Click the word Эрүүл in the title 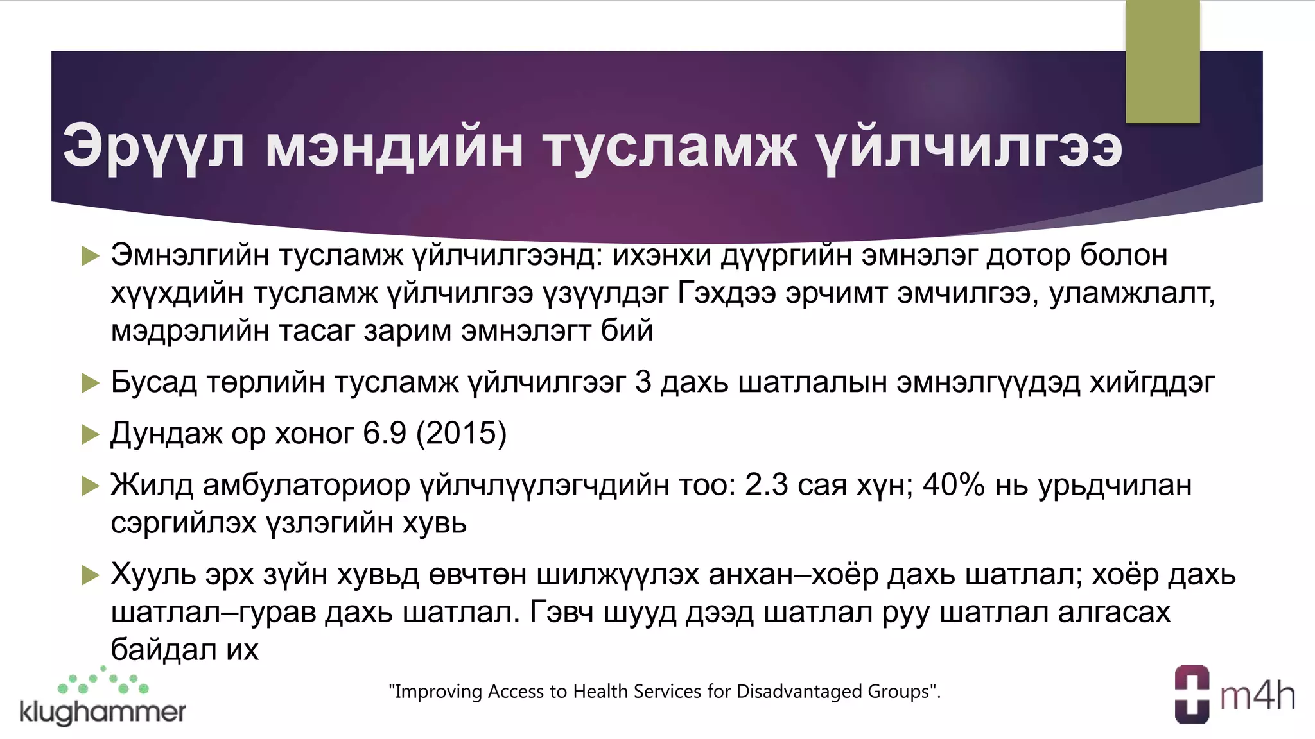tap(153, 148)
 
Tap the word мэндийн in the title tap(394, 148)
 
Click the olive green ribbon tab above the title tap(1162, 62)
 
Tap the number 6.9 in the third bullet tap(385, 434)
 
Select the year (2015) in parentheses tap(461, 434)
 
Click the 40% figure tap(954, 485)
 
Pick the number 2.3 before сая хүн tap(766, 485)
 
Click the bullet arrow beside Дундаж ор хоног tap(91, 435)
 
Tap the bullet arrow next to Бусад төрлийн tap(91, 384)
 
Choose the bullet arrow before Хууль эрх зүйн tap(91, 575)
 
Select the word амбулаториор tap(306, 485)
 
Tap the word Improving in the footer tap(438, 692)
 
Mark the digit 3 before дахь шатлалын tap(643, 382)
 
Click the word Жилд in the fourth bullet tap(152, 485)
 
